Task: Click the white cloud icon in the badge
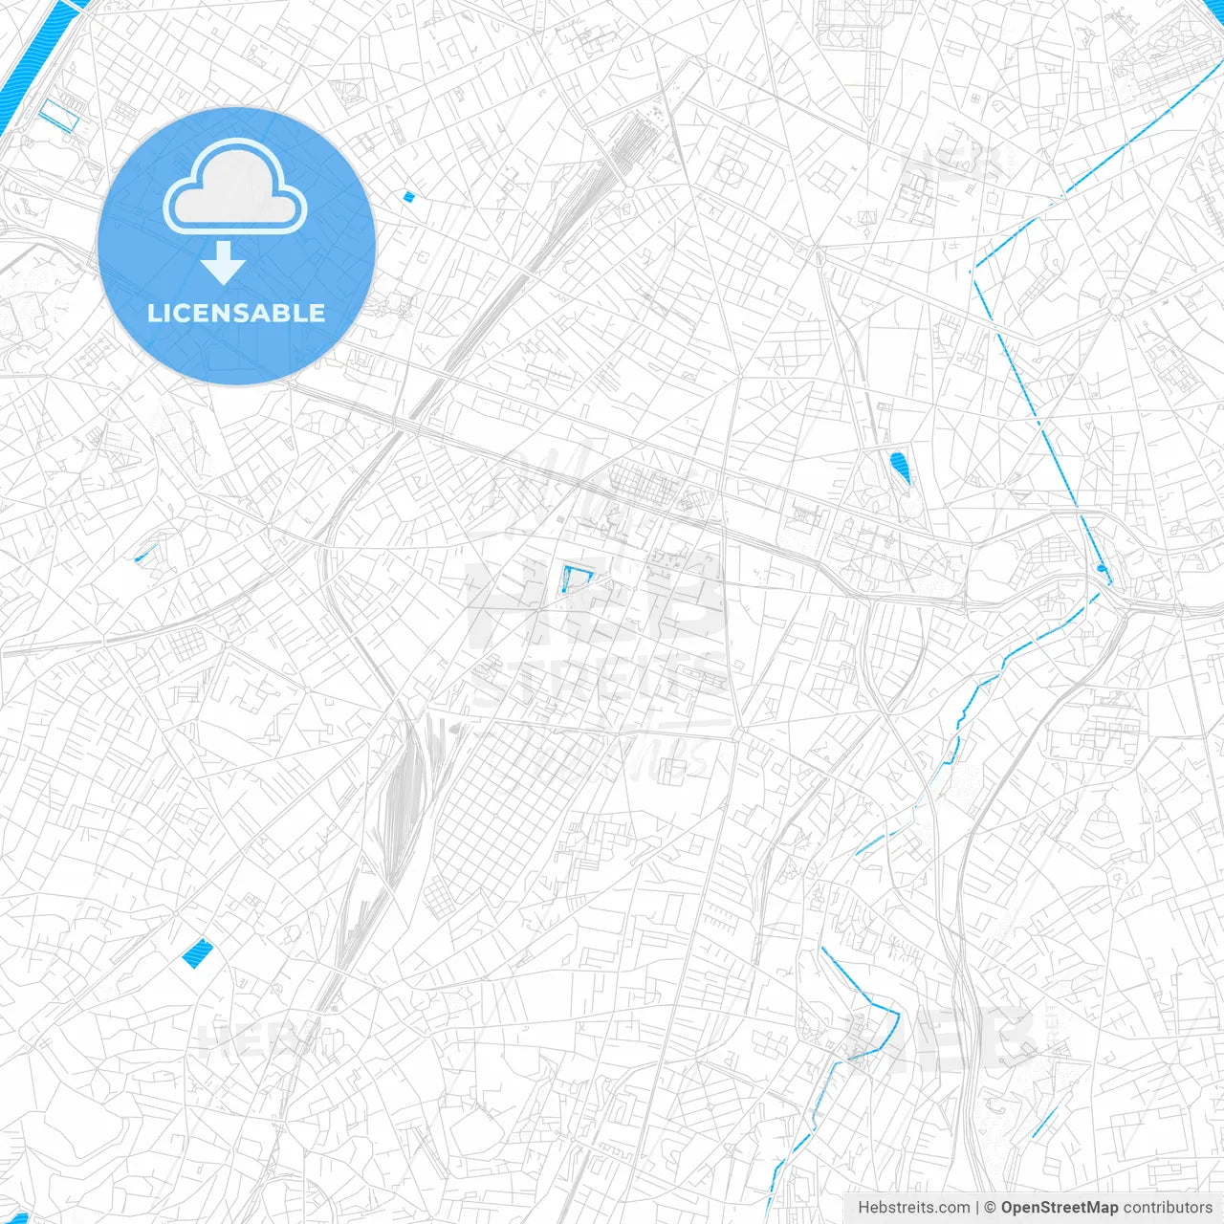click(235, 186)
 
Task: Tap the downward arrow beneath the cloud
click(223, 263)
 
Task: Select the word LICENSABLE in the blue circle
click(236, 313)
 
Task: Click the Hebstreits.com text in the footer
click(913, 1208)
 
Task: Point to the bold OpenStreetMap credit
click(1059, 1208)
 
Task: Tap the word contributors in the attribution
click(1167, 1208)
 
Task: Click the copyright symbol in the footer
click(991, 1208)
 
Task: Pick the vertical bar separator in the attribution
click(977, 1208)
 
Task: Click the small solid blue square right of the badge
click(408, 197)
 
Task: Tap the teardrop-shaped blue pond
click(900, 467)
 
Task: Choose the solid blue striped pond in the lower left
click(197, 952)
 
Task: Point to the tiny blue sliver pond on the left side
click(145, 553)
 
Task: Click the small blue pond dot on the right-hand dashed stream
click(1102, 568)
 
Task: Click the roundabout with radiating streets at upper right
click(1115, 305)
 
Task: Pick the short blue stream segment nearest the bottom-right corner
click(1043, 1122)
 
